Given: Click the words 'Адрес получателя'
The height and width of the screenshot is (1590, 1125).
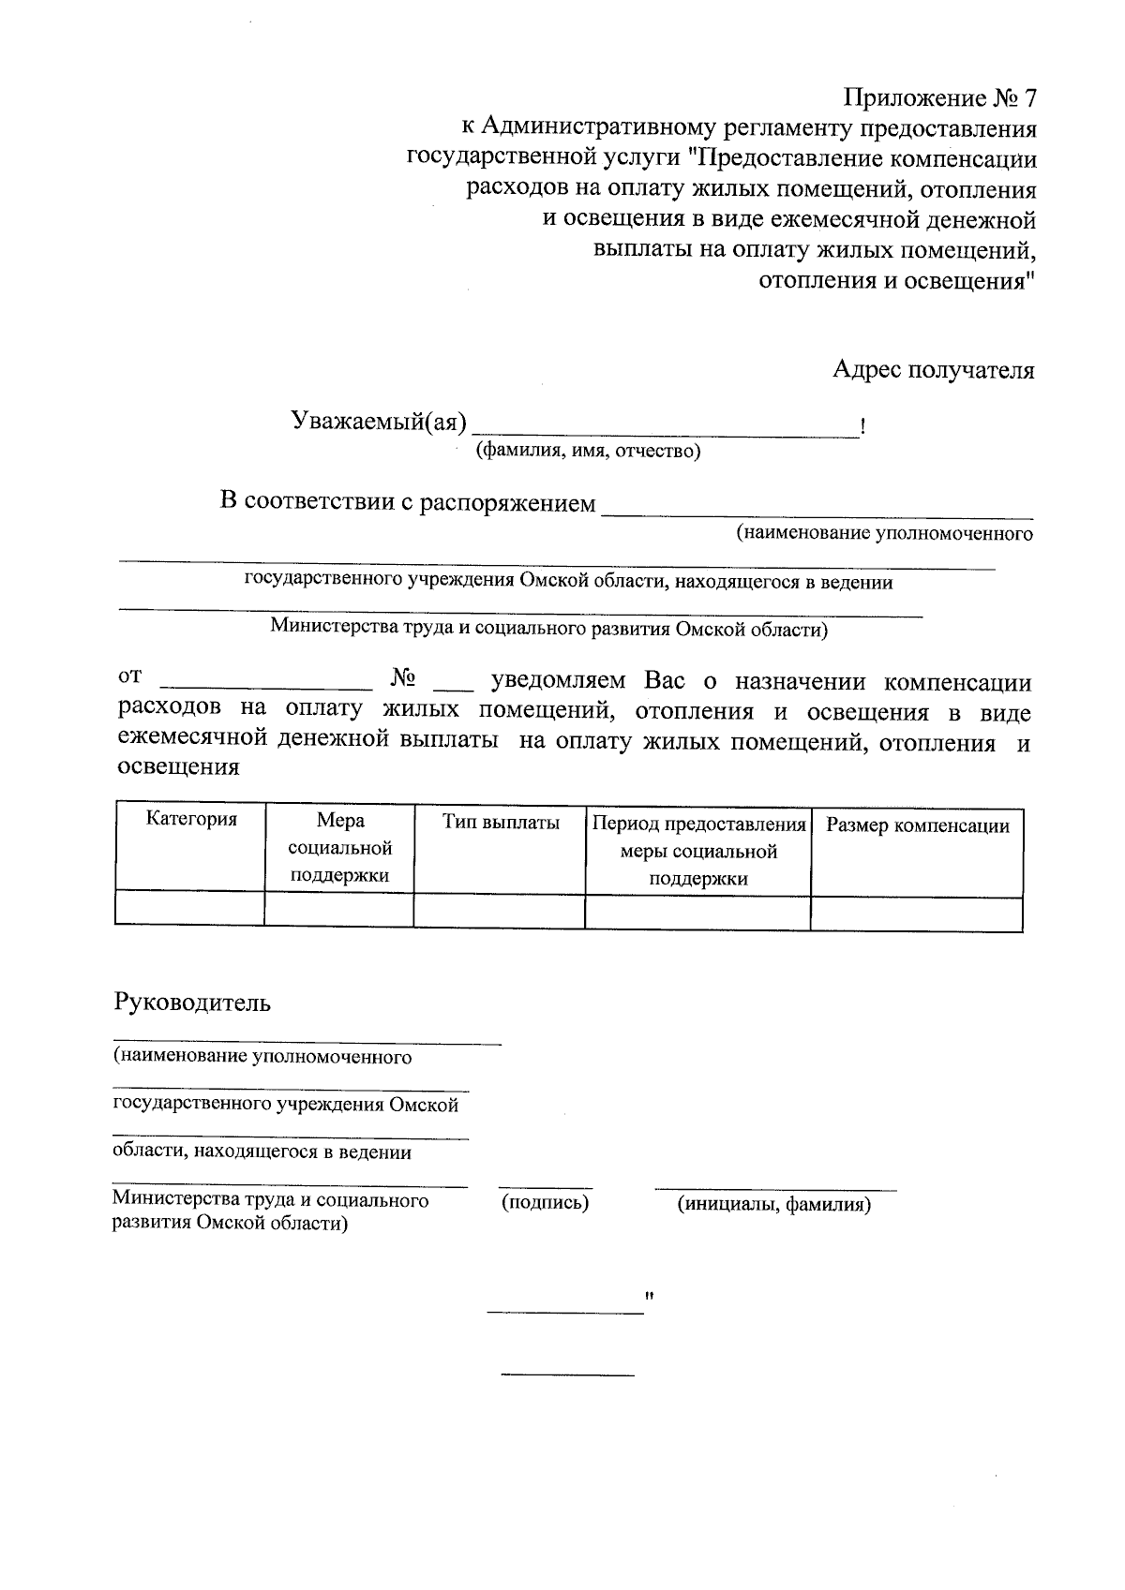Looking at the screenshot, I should (x=934, y=370).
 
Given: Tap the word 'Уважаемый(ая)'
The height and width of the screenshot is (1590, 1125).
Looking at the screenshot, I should (x=378, y=423).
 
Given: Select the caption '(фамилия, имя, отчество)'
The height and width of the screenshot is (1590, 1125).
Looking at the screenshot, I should (x=589, y=452).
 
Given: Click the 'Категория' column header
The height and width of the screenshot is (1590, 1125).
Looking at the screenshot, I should (x=191, y=820).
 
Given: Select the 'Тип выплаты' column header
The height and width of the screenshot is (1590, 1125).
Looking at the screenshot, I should (x=501, y=824).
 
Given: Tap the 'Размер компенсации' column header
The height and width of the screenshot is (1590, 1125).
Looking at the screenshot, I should (x=917, y=826).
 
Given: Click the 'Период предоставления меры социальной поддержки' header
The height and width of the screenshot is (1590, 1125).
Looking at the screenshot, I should (x=698, y=851).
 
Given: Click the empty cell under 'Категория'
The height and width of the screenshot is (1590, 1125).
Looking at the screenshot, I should (x=190, y=909).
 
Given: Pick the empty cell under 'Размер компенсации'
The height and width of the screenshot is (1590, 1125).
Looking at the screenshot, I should (x=916, y=913).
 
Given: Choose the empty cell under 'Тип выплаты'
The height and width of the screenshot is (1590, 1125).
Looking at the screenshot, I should (x=499, y=910).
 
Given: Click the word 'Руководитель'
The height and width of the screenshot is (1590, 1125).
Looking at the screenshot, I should (x=192, y=1003).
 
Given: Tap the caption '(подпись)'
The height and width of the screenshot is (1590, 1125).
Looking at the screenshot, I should (x=545, y=1202).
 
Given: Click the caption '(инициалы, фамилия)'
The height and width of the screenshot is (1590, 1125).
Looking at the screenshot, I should (x=774, y=1205).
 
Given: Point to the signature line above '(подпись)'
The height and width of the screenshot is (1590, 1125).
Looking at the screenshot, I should (x=545, y=1187).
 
